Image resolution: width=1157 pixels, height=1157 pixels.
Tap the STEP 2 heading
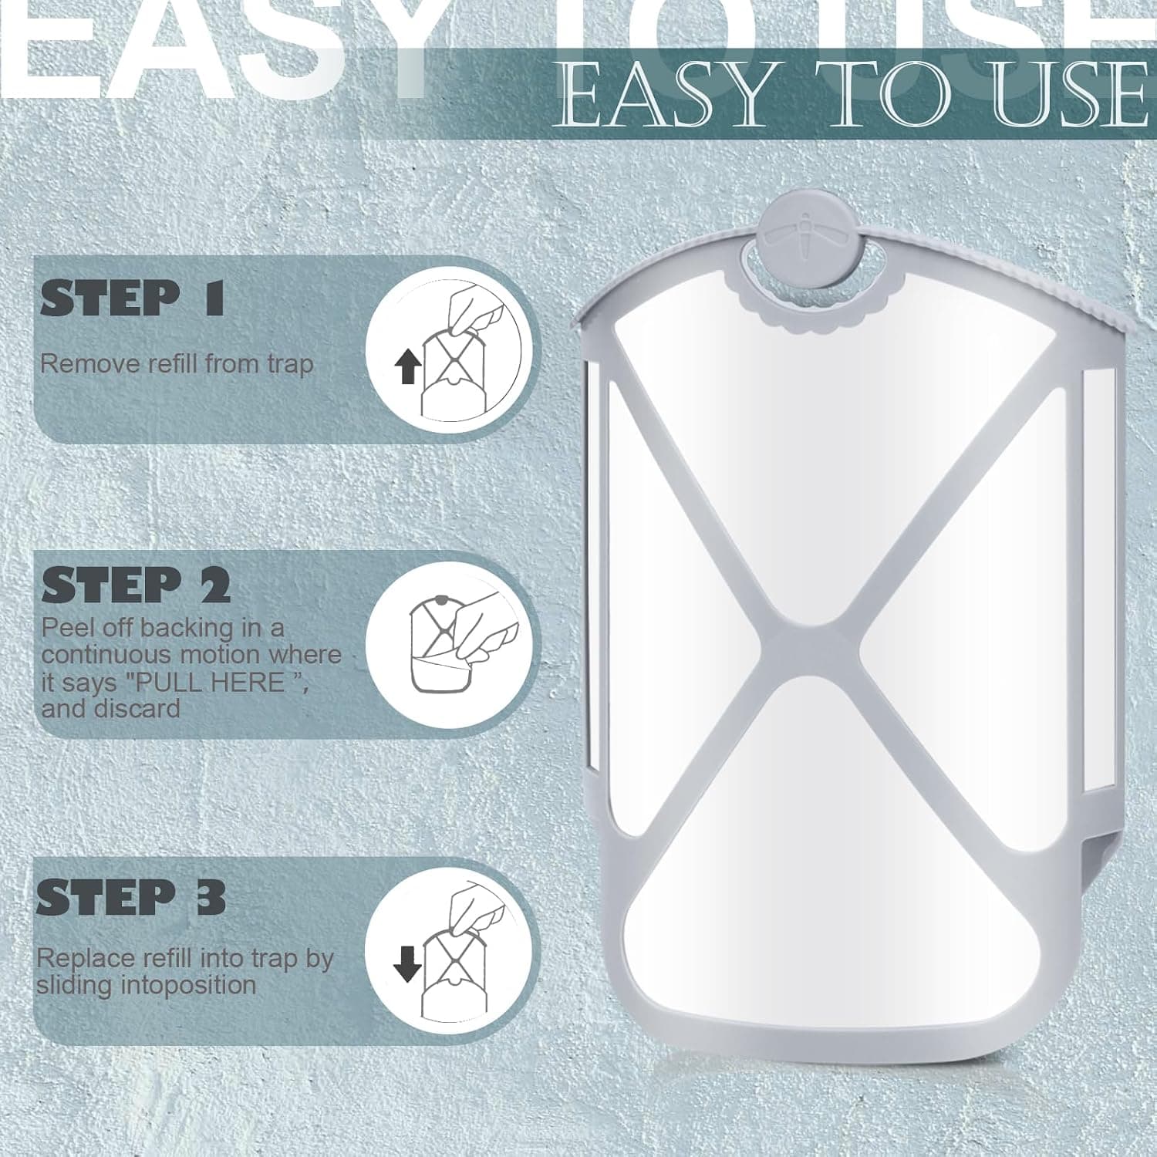(136, 585)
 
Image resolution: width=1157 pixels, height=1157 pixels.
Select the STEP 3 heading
(131, 898)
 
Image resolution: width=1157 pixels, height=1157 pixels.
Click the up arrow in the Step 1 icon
(406, 366)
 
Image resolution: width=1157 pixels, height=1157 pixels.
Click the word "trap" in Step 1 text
(291, 365)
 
